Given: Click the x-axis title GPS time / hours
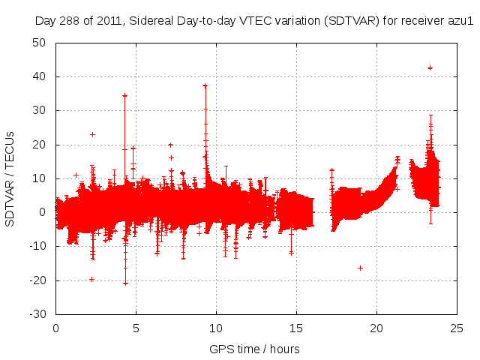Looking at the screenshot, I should click(255, 349).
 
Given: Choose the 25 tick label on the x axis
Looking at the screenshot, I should click(457, 328).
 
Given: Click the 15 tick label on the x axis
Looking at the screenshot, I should click(296, 328).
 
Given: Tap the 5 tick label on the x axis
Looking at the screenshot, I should click(136, 328).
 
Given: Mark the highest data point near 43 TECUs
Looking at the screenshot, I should click(430, 67).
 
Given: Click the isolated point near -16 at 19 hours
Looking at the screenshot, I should click(360, 268).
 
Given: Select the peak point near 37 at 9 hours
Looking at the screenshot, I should click(205, 85).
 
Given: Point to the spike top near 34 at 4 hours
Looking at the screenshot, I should click(124, 95).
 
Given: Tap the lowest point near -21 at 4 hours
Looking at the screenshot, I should click(125, 283).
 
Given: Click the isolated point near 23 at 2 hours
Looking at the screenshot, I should click(92, 134).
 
